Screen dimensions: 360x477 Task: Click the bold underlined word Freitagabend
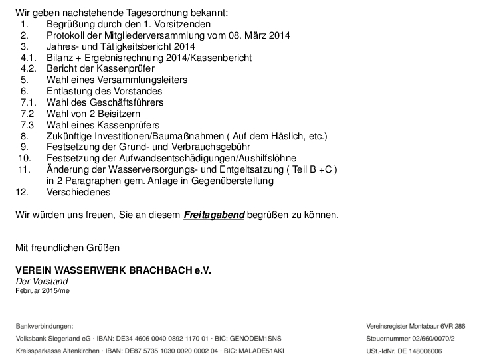coord(214,215)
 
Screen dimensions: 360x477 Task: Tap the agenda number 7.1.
coord(27,102)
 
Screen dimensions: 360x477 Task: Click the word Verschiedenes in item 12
coord(78,193)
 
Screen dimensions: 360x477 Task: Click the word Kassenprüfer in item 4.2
coord(126,69)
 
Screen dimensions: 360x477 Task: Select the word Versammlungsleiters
coord(141,80)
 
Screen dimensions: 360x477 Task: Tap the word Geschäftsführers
coord(123,102)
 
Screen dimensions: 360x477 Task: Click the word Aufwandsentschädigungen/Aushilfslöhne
coord(171,159)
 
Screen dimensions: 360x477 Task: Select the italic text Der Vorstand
coord(42,282)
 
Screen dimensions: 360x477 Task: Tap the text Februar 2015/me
coord(42,291)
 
